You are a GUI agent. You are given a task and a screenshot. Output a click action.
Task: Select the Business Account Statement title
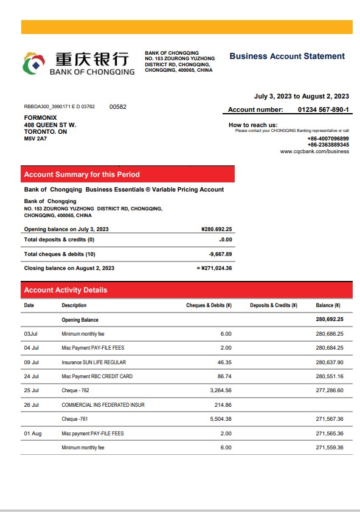coord(287,56)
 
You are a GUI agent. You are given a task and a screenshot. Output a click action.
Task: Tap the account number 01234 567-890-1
coord(323,109)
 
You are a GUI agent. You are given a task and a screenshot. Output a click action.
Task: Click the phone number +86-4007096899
coord(328,139)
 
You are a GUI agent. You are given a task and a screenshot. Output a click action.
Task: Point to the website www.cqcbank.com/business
coord(314,151)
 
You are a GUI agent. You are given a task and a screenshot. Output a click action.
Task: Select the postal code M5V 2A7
coord(35,139)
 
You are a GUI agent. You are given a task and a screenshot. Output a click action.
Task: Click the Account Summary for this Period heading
coord(81,175)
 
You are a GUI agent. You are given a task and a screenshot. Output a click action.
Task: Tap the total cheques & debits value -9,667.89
coord(220,254)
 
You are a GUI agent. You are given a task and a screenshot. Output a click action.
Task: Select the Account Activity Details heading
coord(65,290)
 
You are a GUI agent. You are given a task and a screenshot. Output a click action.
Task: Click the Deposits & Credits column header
coord(273,305)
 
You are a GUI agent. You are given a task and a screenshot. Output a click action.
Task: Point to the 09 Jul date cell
coord(32,362)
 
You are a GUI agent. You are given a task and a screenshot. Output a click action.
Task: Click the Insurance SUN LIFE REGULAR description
coord(94,362)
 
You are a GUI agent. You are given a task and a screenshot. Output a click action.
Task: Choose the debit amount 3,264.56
coord(220,390)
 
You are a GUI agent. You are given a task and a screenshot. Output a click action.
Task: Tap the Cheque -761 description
coord(75,419)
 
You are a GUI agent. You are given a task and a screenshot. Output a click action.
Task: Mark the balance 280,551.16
coord(330,376)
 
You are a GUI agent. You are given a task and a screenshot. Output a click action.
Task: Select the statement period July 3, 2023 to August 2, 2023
coord(301,96)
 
